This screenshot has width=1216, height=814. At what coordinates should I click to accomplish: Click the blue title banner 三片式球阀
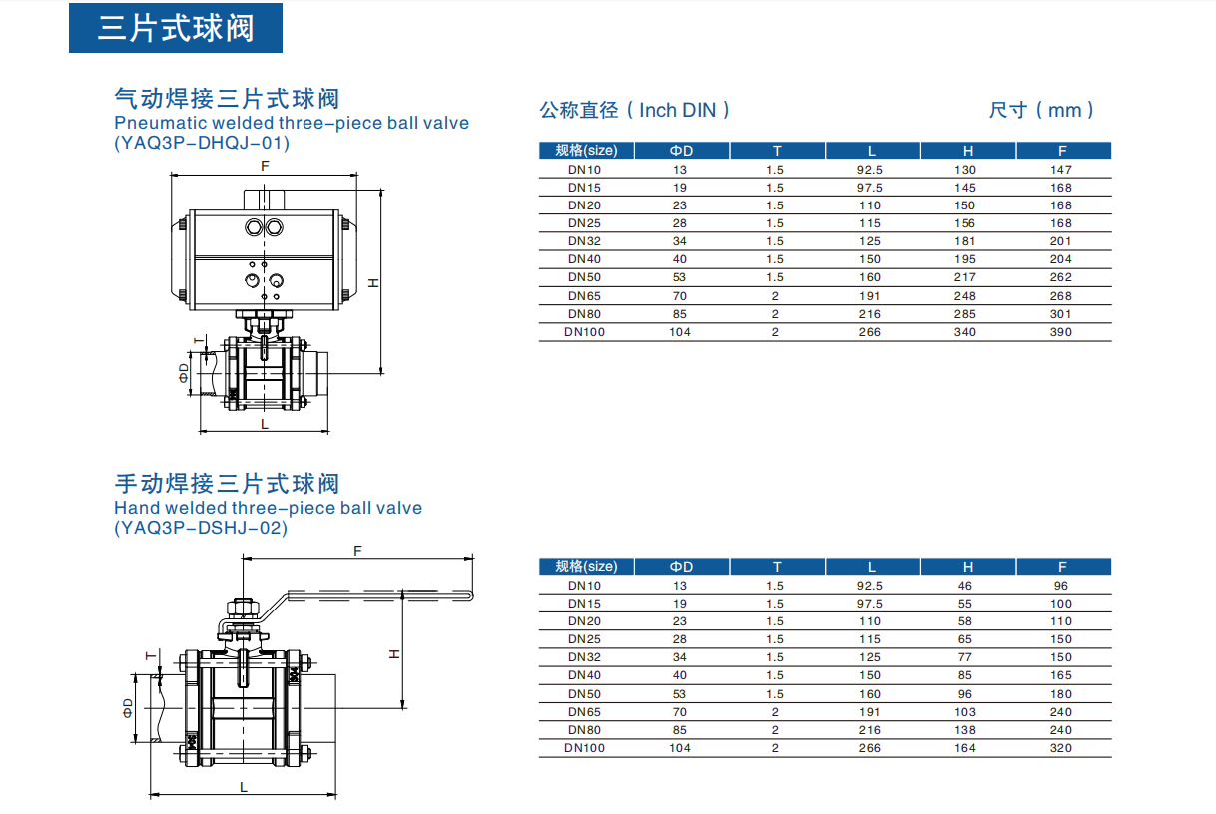175,28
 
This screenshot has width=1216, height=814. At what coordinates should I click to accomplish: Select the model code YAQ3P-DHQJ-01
202,143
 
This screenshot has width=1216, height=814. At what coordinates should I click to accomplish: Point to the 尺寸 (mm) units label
1041,110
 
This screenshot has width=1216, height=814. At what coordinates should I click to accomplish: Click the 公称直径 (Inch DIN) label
635,110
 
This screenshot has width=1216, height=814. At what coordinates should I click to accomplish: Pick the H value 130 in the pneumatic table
964,170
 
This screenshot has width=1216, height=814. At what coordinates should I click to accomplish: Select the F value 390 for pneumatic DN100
1060,332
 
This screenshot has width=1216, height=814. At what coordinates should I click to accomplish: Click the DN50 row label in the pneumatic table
584,277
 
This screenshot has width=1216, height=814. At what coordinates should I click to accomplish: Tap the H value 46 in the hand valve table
964,586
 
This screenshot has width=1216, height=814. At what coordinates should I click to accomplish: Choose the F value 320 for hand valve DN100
1060,748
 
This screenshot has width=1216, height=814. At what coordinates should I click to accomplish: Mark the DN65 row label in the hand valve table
584,712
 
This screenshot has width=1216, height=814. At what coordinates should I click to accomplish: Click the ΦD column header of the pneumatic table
681,151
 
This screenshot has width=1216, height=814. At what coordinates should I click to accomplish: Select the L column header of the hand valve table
871,567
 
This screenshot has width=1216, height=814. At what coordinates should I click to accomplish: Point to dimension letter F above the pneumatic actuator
265,166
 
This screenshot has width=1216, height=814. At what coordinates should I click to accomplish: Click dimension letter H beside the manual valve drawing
394,654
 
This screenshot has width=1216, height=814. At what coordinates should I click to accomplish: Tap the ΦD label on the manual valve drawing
127,707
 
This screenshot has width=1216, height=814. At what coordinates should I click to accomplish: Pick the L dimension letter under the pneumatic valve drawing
265,424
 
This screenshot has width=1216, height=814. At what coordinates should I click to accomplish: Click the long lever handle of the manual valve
379,598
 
